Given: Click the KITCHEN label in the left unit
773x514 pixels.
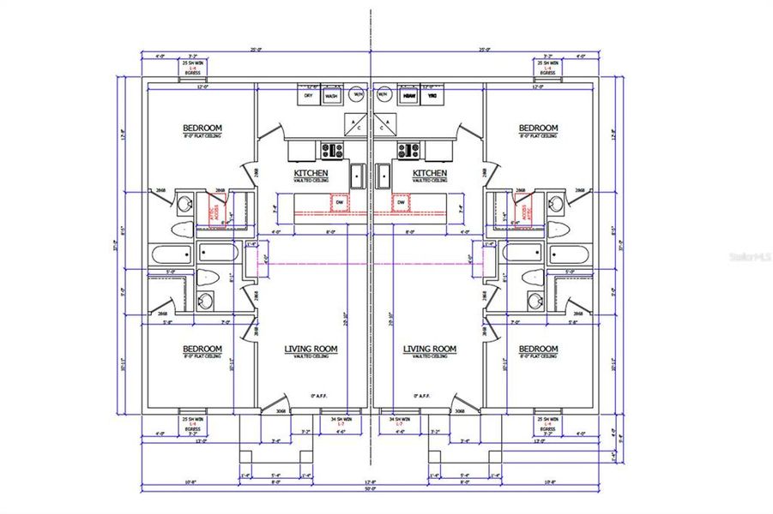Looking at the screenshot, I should click(306, 172).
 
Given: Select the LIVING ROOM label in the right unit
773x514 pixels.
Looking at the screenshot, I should click(430, 349).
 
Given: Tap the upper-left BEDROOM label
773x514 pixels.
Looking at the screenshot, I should click(202, 128).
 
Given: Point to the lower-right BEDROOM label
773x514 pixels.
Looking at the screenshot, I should click(538, 349).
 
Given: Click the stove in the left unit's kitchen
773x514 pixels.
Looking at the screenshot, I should click(331, 151).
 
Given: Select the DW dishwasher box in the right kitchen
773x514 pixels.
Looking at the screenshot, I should click(400, 203).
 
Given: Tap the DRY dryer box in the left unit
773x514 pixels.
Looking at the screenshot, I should click(309, 96).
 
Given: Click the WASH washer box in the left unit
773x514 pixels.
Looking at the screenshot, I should click(331, 96).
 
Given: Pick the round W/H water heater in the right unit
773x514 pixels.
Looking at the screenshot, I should click(384, 94).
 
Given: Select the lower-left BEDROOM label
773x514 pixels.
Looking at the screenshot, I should click(202, 349).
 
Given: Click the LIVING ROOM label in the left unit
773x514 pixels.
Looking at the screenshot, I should click(311, 349).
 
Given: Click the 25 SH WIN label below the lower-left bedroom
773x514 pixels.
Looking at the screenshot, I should click(193, 420).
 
